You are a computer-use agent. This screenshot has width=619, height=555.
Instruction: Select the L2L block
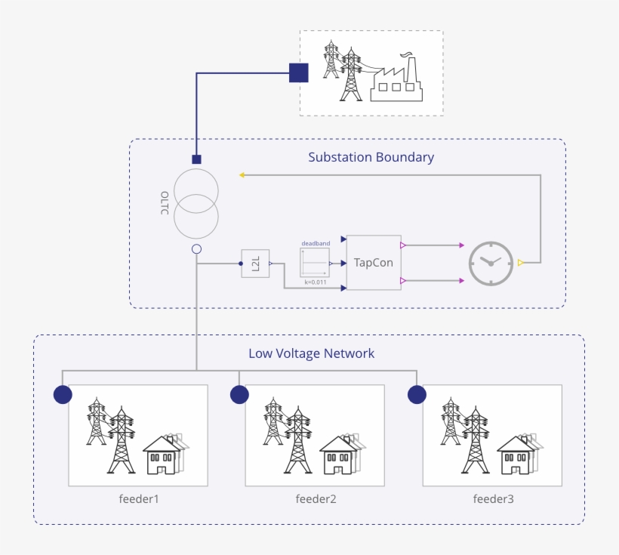click(x=255, y=264)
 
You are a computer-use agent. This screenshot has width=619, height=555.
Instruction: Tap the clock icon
click(x=491, y=264)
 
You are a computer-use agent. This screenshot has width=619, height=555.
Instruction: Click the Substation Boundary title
click(x=371, y=158)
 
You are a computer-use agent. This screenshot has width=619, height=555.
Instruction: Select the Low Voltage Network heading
click(x=311, y=353)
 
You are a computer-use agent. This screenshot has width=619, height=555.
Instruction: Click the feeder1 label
click(x=139, y=499)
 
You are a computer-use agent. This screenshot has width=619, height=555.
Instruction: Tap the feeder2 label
click(x=316, y=499)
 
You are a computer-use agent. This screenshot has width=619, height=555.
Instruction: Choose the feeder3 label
click(x=493, y=499)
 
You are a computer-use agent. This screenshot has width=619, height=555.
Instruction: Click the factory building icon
click(x=396, y=78)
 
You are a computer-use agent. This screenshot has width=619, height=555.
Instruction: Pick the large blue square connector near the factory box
click(x=300, y=72)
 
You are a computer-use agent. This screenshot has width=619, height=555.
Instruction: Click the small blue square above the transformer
click(x=196, y=159)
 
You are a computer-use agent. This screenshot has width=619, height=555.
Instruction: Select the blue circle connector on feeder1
click(x=63, y=395)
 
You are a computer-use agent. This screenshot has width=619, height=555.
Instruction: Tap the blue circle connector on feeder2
click(x=239, y=395)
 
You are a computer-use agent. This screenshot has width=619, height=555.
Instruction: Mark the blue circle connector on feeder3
click(x=417, y=395)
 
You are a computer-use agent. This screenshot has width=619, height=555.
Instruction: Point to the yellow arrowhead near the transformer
click(x=242, y=175)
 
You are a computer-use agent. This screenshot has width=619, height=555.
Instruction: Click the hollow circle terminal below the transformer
click(x=196, y=248)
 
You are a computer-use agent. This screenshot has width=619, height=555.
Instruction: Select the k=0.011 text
click(x=316, y=282)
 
